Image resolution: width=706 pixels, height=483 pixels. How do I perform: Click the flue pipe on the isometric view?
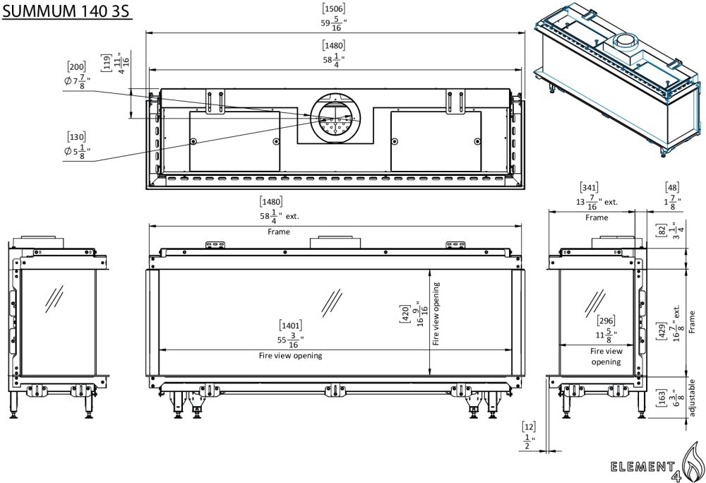coord(625,44)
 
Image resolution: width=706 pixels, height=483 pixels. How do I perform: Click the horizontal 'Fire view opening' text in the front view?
coord(290,356)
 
